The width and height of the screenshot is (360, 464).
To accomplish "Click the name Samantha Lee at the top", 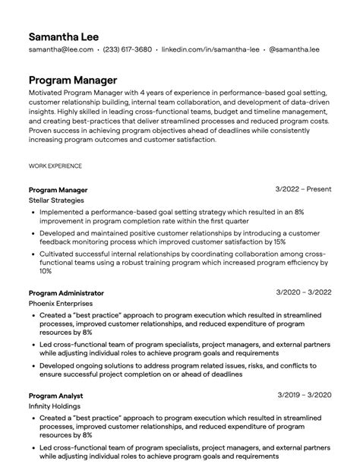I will point(63,36).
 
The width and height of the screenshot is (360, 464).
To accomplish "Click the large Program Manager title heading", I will point(73,79).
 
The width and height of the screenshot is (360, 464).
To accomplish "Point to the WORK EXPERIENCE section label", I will point(55,165).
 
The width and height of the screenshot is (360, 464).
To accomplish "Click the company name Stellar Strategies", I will point(56,200).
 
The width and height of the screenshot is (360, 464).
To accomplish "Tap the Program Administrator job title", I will point(66,292).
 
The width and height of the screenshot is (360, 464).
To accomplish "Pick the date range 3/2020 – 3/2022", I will point(304,292).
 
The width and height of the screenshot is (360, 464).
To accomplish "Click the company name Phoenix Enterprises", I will point(58,303).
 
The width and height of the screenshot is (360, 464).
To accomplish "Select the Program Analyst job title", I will point(55,396).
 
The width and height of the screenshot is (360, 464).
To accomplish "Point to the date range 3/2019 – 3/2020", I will point(304,396).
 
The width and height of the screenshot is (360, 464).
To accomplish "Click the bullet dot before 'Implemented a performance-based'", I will point(32,212).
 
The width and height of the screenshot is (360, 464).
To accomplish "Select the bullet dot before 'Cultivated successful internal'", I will point(32,257).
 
